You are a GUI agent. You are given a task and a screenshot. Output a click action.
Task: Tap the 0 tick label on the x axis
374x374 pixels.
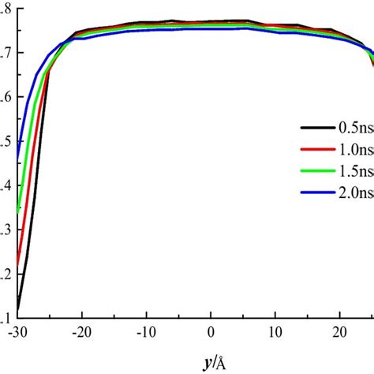(x=211, y=333)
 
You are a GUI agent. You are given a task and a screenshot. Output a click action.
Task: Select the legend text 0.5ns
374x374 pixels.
(x=353, y=126)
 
